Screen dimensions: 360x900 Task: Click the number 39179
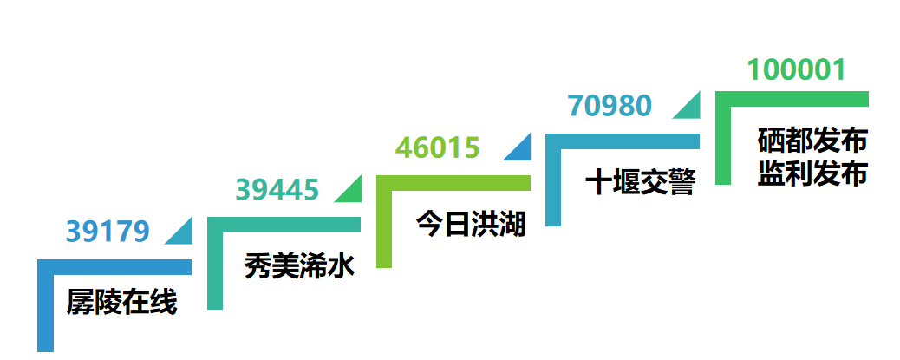click(x=108, y=231)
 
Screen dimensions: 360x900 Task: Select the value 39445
click(x=277, y=188)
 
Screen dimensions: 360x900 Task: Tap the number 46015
click(x=437, y=147)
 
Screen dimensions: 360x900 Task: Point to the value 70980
click(x=609, y=105)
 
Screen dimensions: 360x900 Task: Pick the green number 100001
click(x=796, y=69)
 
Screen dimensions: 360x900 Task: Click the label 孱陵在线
click(x=121, y=303)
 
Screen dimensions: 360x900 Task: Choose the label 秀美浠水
click(x=300, y=264)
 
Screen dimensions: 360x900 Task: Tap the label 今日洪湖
click(x=470, y=224)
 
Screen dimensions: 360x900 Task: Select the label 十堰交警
click(x=640, y=182)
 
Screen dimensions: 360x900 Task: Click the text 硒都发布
click(x=812, y=139)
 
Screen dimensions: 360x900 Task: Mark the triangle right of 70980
click(x=690, y=107)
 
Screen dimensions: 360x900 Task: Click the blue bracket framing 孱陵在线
click(x=46, y=304)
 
